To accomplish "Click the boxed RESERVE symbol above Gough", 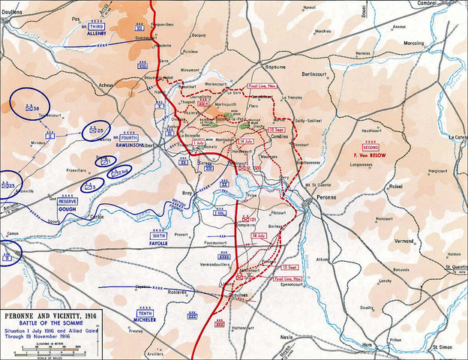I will pyautogui.click(x=68, y=202).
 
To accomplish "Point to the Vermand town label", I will pyautogui.click(x=404, y=241).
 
